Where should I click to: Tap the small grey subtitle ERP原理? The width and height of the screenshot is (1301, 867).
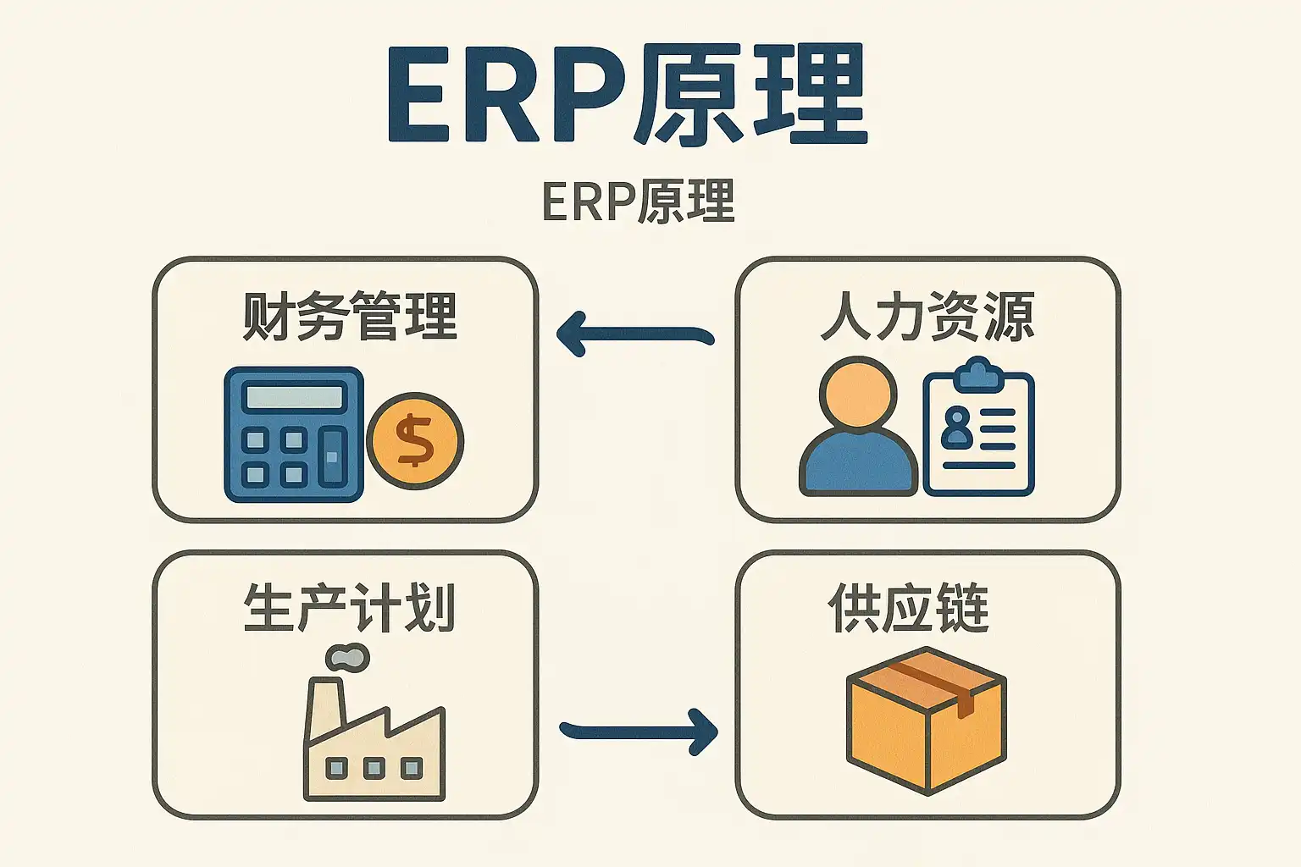[x=639, y=202]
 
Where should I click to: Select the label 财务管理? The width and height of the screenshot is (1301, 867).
[x=349, y=317]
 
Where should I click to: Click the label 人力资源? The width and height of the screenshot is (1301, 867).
[x=927, y=317]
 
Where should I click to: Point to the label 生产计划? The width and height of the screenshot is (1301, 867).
[x=349, y=608]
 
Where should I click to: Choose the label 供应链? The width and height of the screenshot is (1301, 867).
[x=908, y=608]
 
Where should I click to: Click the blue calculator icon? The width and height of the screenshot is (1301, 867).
[x=293, y=434]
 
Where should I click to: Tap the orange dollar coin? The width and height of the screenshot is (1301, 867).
[x=415, y=440]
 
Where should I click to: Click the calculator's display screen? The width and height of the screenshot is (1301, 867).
[x=293, y=396]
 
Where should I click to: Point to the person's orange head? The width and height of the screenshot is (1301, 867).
[x=858, y=395]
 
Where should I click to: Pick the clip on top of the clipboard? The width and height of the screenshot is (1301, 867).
[x=978, y=374]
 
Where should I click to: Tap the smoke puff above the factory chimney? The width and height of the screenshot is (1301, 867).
[x=347, y=657]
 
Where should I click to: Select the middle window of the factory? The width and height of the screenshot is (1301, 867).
[x=374, y=769]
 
